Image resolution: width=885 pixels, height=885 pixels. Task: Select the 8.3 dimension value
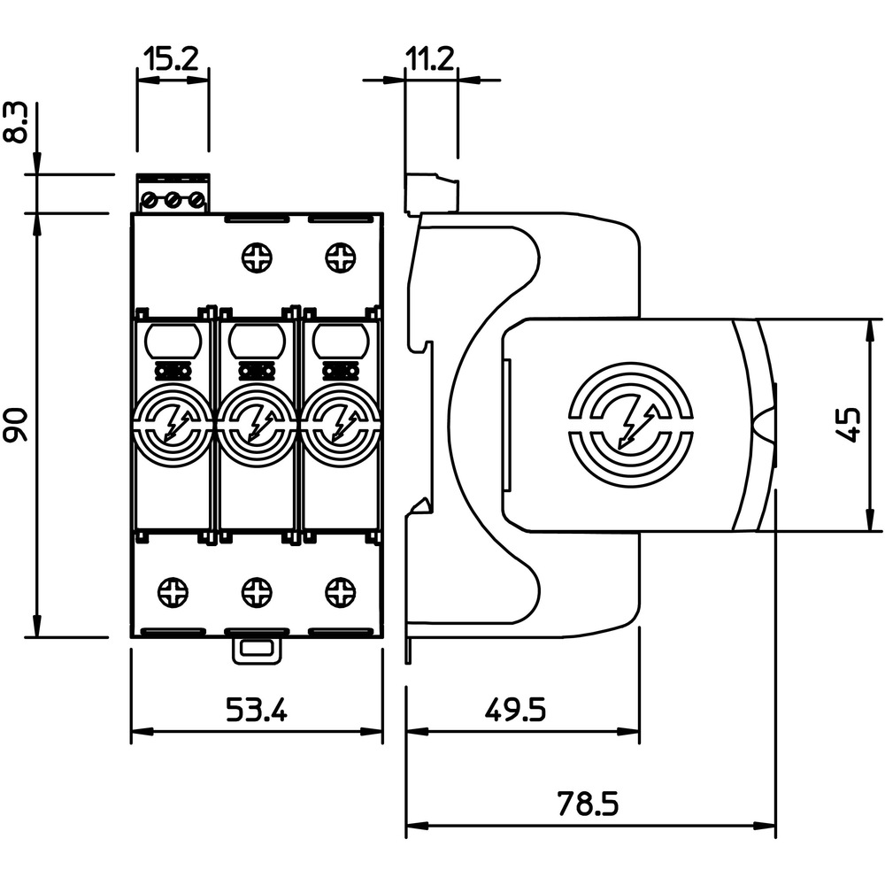[x=17, y=122]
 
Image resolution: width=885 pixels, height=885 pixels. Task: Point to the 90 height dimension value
[x=17, y=424]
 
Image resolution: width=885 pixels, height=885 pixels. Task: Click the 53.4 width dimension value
[x=257, y=710]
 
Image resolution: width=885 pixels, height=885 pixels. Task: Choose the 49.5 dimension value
[x=515, y=710]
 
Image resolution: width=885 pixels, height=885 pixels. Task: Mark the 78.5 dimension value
[x=589, y=804]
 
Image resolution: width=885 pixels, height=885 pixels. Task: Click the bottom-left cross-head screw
[x=173, y=593]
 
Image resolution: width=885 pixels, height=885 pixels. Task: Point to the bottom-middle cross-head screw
[x=257, y=593]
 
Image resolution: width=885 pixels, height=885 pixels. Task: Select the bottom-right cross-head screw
[x=341, y=593]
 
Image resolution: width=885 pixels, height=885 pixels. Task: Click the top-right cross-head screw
[x=341, y=258]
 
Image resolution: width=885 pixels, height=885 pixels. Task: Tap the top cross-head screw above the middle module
[x=257, y=258]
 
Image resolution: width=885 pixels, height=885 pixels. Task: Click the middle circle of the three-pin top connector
[x=173, y=200]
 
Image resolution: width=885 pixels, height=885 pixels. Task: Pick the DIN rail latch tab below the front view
[x=257, y=650]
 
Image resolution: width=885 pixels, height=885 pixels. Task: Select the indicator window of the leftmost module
[x=173, y=341]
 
